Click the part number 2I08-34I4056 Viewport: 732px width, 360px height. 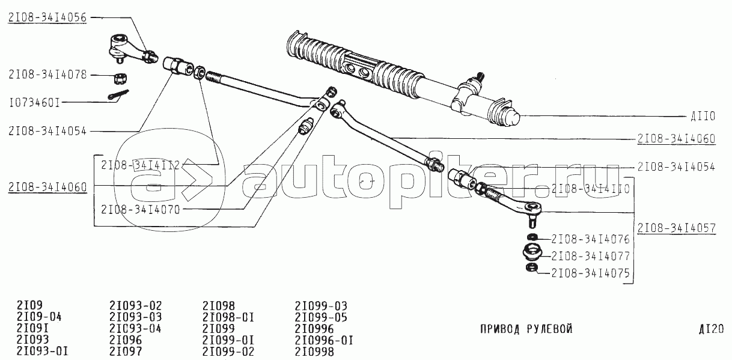click(47, 17)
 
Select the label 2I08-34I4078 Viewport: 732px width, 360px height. click(47, 75)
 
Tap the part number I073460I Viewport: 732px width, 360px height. click(35, 103)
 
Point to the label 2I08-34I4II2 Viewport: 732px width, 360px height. click(141, 165)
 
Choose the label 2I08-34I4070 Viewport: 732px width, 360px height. click(141, 209)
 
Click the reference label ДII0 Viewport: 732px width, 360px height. click(703, 116)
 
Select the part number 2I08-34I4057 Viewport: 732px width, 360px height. click(677, 228)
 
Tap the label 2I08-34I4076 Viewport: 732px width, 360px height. click(591, 239)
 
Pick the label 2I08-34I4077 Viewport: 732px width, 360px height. click(591, 256)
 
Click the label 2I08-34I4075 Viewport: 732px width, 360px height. click(591, 273)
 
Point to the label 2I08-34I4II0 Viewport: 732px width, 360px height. click(591, 189)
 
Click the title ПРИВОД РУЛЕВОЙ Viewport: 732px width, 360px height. click(526, 329)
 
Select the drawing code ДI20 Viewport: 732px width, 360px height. click(711, 329)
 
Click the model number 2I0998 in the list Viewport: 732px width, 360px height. click(314, 352)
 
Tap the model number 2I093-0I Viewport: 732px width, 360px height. click(43, 351)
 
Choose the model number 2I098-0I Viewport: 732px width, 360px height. click(228, 317)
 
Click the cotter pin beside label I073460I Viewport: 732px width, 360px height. click(118, 95)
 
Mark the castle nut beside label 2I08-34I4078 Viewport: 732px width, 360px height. click(120, 78)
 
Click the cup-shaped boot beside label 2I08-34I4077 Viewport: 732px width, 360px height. click(532, 254)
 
